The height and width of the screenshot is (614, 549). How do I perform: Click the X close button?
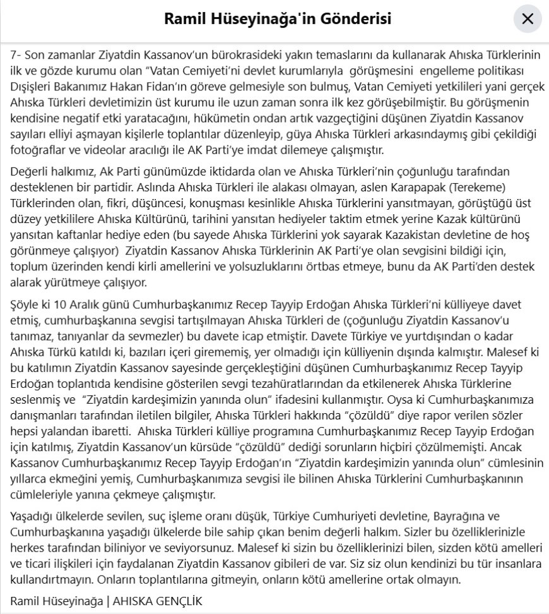click(528, 19)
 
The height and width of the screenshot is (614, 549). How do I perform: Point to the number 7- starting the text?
click(17, 55)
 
